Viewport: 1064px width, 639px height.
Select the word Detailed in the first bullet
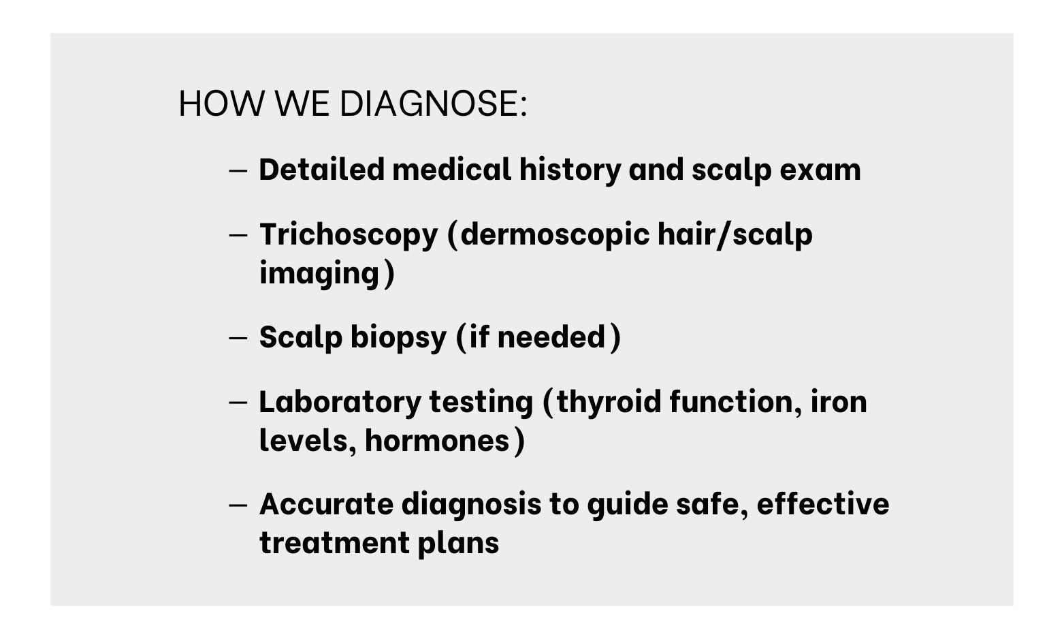click(321, 170)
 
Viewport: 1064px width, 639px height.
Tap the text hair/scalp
click(735, 235)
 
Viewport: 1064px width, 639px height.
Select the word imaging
click(319, 275)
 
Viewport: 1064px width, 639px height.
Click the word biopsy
click(398, 339)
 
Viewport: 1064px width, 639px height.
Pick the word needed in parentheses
click(551, 337)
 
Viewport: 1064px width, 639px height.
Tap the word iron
click(839, 402)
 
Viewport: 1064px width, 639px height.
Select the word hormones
click(438, 440)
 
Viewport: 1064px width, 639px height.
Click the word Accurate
click(326, 504)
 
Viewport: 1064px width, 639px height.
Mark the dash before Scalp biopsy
click(238, 338)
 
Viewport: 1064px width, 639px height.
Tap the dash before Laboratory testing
click(238, 403)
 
